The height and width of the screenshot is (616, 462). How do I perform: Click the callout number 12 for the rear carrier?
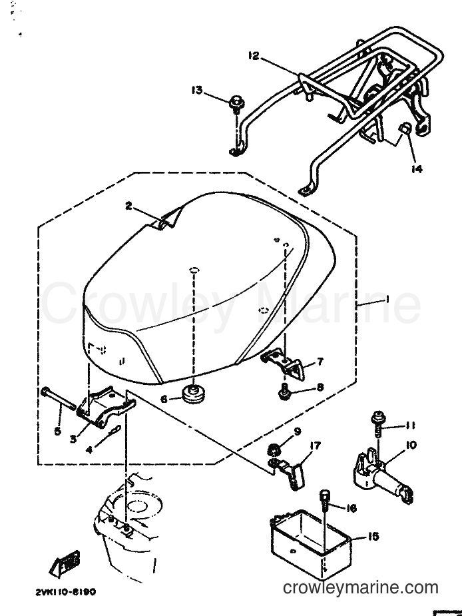point(254,56)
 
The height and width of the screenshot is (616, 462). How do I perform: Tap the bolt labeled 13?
point(236,104)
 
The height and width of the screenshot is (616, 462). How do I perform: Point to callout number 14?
point(417,169)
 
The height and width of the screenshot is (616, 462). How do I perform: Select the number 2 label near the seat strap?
point(128,206)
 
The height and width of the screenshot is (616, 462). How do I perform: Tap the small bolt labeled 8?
point(284,394)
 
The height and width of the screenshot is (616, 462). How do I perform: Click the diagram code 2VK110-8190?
point(66,591)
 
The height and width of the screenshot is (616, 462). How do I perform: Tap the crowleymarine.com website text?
point(361,588)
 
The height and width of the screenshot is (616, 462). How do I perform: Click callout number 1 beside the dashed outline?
point(387,300)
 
